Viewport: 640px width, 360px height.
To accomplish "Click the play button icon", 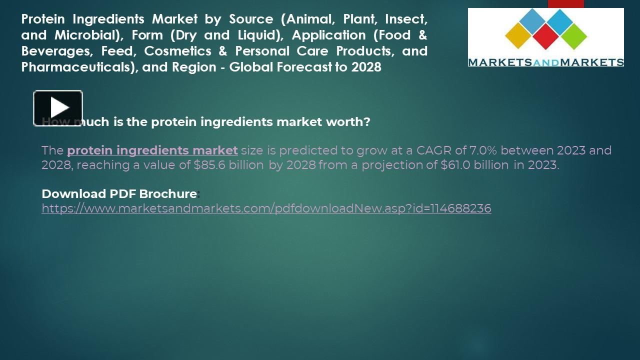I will click(58, 107).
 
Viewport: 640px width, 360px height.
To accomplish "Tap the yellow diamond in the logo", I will click(517, 35).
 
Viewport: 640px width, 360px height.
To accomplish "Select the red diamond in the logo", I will click(545, 36).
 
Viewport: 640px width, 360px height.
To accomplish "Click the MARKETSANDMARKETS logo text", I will click(545, 62).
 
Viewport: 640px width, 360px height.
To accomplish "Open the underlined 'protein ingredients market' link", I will click(152, 150).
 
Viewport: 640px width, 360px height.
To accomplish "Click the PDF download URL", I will click(266, 208).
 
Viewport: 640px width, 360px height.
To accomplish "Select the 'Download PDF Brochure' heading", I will click(119, 193).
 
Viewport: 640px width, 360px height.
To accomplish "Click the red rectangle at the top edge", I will click(565, 3).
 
